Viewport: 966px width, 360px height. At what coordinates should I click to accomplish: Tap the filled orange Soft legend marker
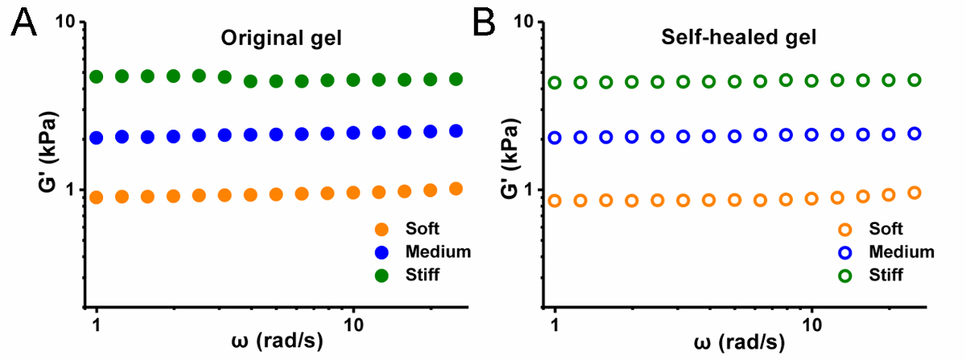[382, 229]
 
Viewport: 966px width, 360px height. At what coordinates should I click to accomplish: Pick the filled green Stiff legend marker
[382, 275]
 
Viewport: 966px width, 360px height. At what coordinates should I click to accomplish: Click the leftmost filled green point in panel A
[97, 77]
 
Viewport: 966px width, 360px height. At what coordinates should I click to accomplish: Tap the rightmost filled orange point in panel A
[456, 188]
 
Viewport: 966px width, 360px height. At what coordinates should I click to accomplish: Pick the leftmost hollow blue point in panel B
[555, 138]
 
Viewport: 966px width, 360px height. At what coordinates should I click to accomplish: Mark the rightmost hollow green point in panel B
[914, 80]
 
